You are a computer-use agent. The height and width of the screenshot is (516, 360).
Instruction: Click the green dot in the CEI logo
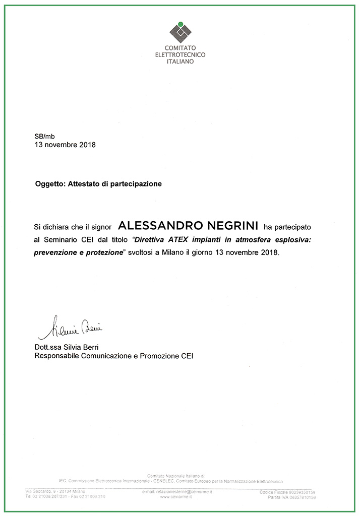(180, 24)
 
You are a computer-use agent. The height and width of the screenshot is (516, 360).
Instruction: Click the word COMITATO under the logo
(181, 48)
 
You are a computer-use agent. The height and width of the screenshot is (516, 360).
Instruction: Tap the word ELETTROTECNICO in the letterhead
(180, 55)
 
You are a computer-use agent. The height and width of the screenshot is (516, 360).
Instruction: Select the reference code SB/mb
(44, 136)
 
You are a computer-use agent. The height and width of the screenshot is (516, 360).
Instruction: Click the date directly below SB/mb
(65, 145)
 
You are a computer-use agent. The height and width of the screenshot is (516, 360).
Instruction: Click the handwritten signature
(70, 328)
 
